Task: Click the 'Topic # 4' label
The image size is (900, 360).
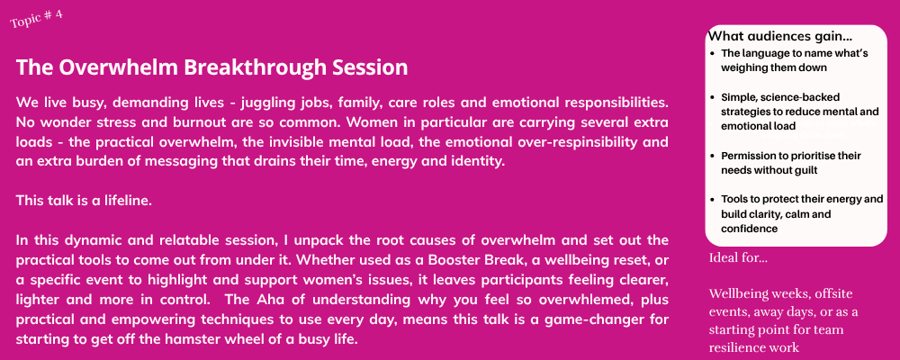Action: (36, 18)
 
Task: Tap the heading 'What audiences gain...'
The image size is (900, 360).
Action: (780, 36)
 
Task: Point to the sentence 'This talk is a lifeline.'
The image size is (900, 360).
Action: (84, 201)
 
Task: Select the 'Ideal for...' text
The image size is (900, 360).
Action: (738, 257)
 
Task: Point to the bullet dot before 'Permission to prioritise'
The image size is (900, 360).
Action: (712, 156)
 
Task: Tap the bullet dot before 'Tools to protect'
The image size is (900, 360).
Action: (712, 199)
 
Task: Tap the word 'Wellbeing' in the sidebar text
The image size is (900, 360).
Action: (737, 294)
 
